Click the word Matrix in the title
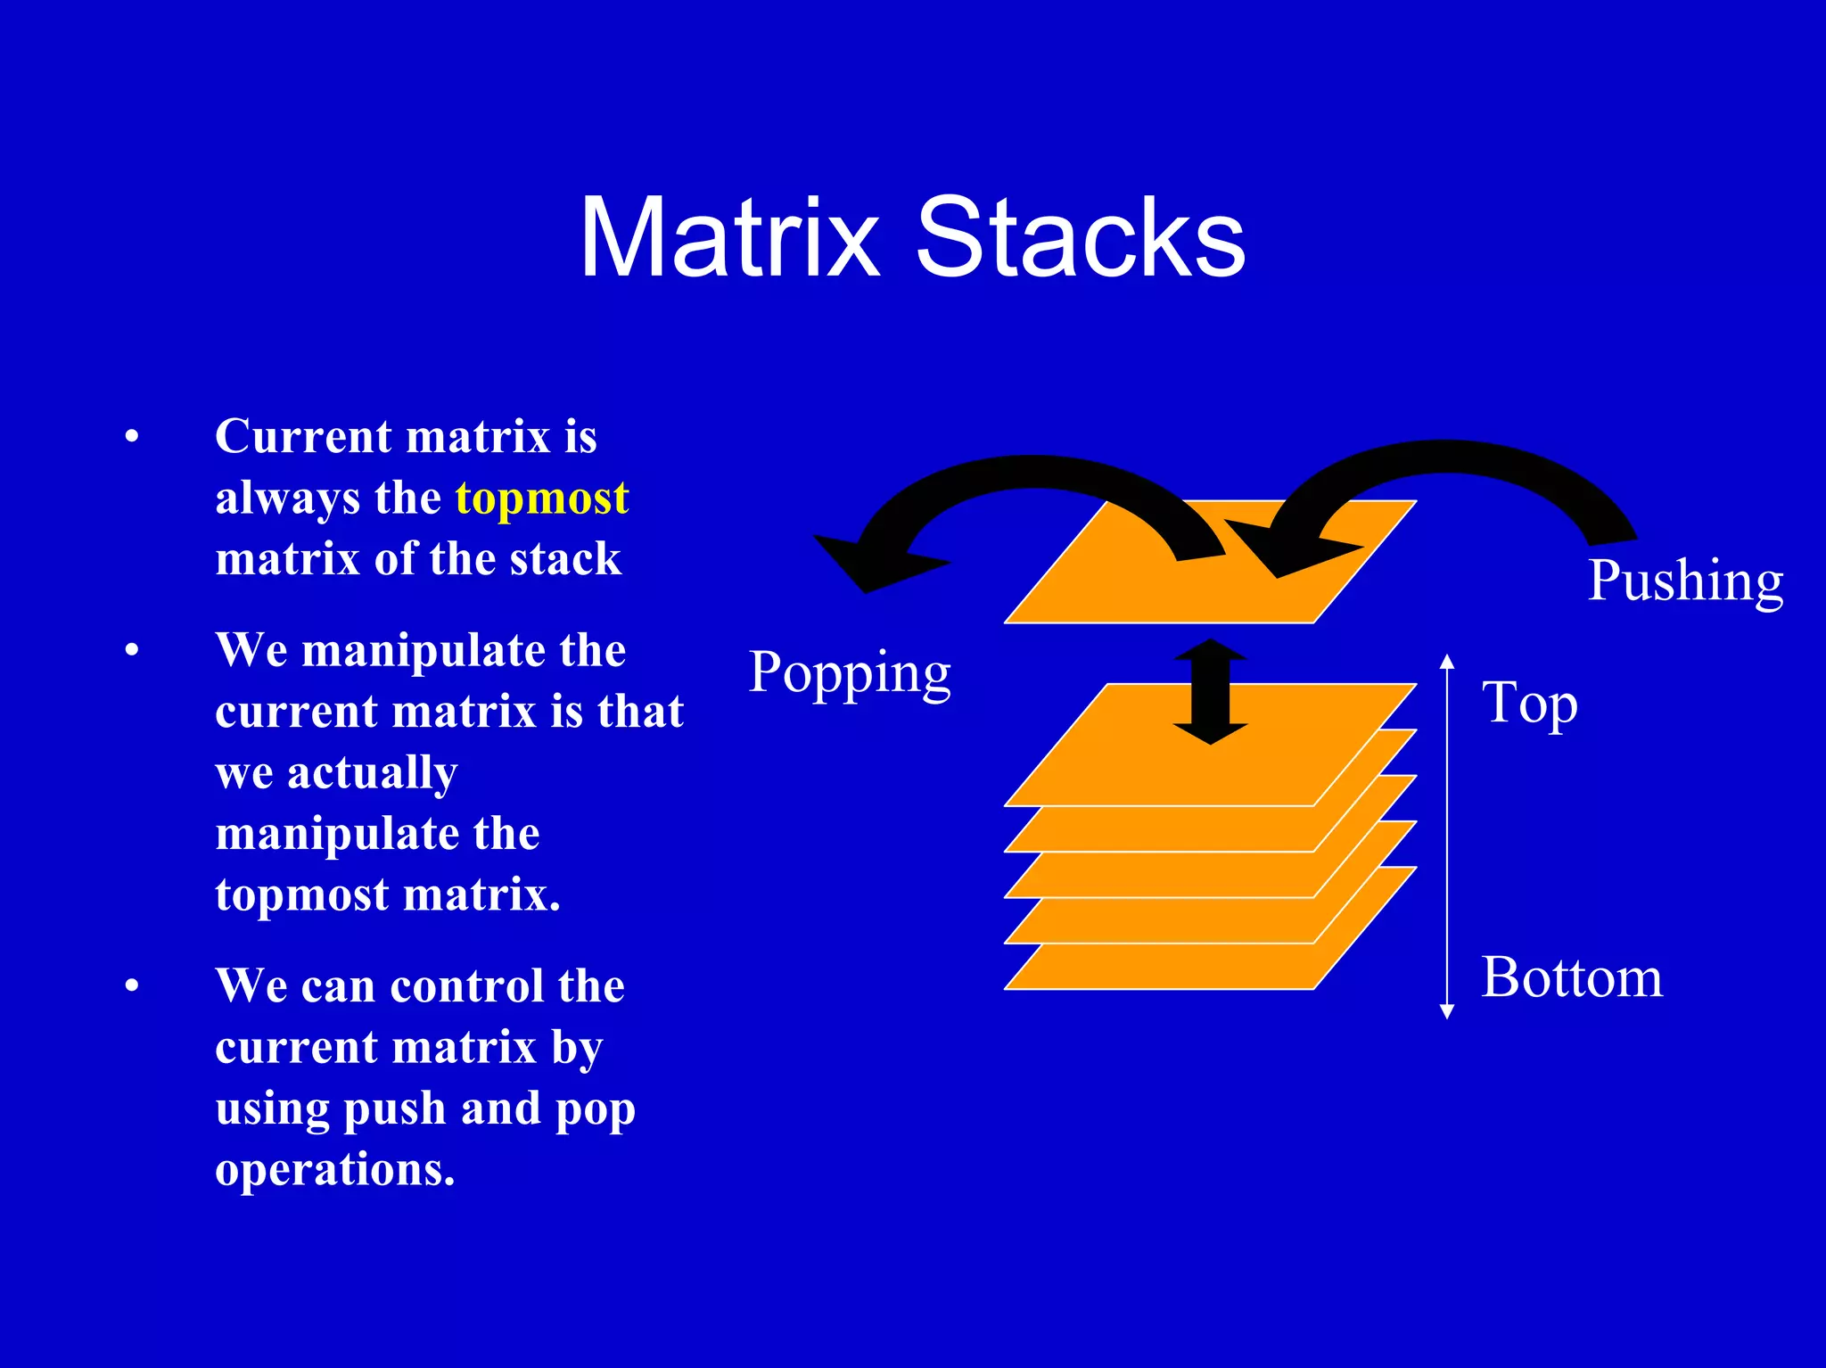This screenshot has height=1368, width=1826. tap(729, 239)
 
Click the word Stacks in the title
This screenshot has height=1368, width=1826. tap(1080, 239)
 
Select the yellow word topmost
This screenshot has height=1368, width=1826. tap(541, 498)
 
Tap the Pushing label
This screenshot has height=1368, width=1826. tap(1685, 581)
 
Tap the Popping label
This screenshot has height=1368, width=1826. tap(849, 673)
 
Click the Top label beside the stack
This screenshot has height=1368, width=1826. tap(1529, 705)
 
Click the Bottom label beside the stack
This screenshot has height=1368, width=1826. tap(1572, 977)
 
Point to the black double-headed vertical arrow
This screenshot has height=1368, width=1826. tap(1210, 691)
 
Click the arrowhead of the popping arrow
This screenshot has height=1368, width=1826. tap(869, 562)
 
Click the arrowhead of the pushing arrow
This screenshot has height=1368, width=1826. tap(1284, 548)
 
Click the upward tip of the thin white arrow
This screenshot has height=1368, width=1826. tap(1447, 660)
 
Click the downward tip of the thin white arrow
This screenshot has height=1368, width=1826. tap(1447, 1013)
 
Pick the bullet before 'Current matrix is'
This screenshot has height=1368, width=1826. tap(132, 437)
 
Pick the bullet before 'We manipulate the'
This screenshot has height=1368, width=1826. tap(132, 650)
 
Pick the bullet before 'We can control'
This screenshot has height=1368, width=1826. tap(132, 986)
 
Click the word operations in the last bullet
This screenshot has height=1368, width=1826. tap(334, 1170)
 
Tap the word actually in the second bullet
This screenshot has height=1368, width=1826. tap(372, 773)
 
